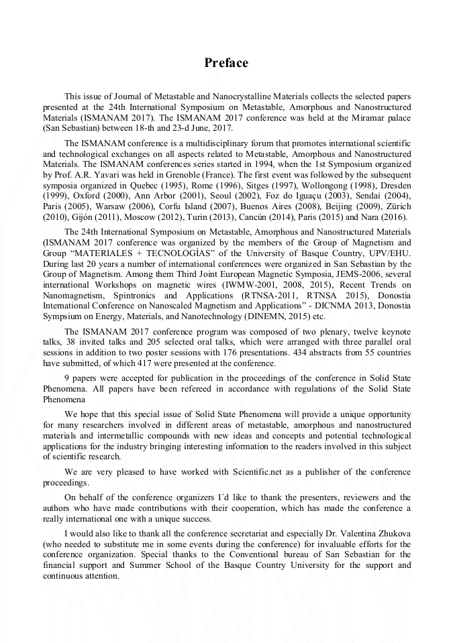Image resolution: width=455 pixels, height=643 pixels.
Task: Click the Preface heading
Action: [226, 63]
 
